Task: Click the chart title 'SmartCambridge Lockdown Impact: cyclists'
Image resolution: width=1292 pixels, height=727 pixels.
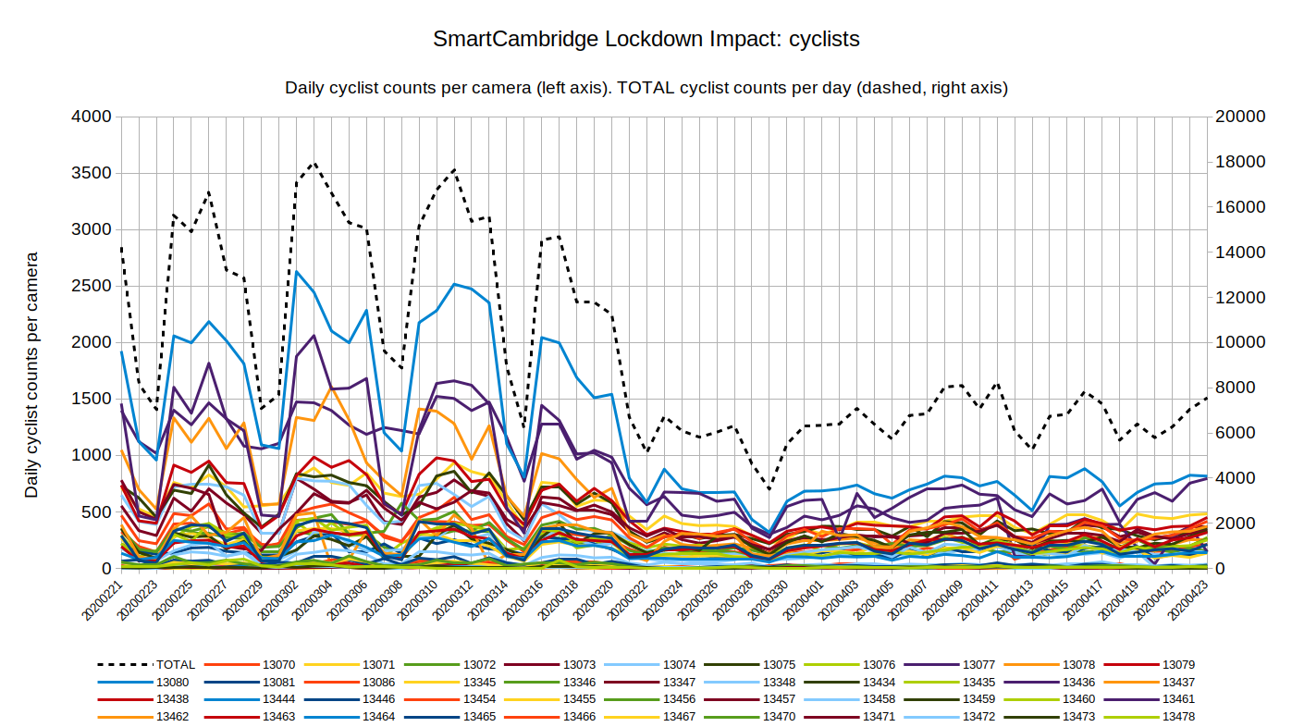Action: [x=646, y=40]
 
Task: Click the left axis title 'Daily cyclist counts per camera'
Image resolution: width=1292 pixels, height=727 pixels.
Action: [x=32, y=375]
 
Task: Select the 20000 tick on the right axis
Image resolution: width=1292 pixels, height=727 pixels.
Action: [x=1240, y=117]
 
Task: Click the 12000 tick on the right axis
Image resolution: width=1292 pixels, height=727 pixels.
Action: [x=1240, y=298]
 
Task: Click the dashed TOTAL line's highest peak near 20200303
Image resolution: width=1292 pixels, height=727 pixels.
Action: [x=314, y=163]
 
